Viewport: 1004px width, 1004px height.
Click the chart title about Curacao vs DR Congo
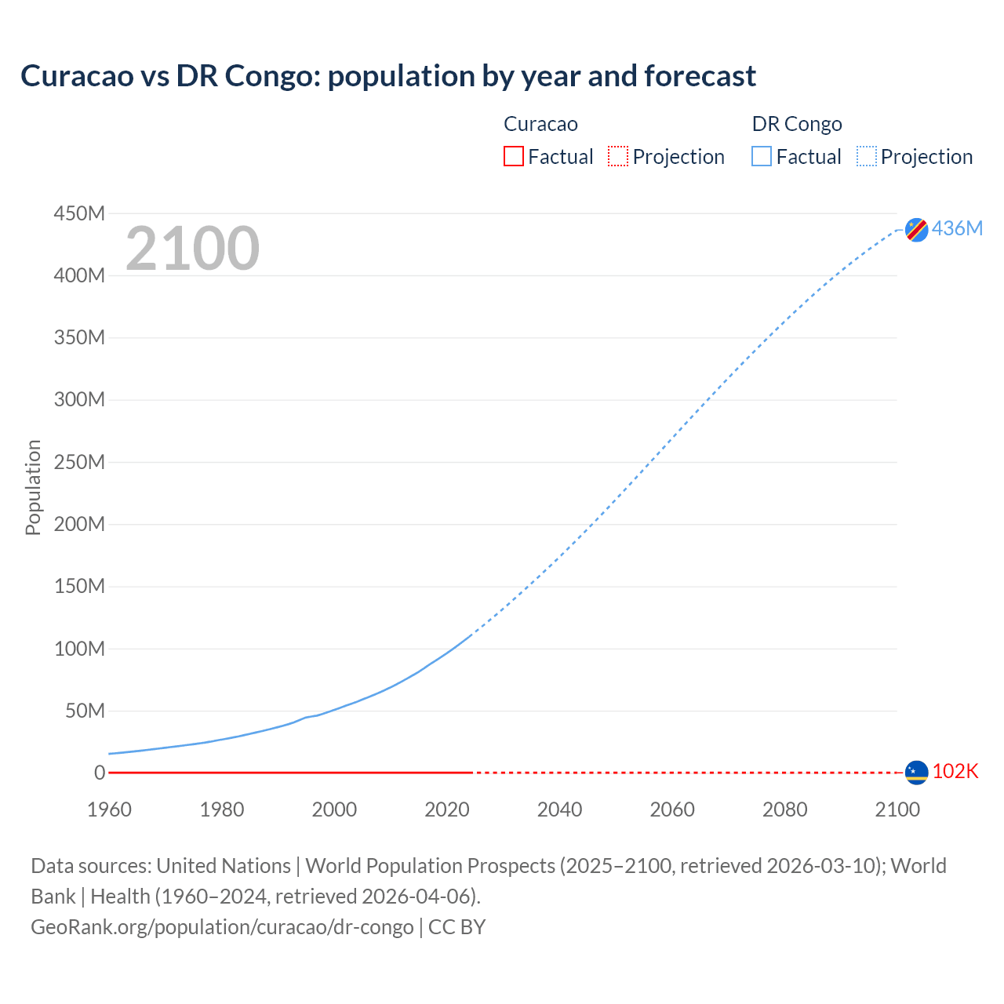point(388,76)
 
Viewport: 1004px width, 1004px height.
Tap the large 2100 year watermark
point(192,249)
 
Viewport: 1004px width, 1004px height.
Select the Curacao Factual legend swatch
point(514,157)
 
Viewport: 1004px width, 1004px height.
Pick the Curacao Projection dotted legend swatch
point(618,157)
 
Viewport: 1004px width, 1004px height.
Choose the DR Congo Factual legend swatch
point(762,157)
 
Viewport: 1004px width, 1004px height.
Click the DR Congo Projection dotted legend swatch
point(867,157)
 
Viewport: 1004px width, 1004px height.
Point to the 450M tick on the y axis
point(79,213)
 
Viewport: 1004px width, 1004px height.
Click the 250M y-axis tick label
point(79,462)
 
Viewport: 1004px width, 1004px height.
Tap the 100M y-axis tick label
point(79,649)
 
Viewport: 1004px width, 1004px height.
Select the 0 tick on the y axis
point(99,773)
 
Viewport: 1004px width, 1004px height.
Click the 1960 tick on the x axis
point(110,809)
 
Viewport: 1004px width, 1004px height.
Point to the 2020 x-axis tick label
point(447,809)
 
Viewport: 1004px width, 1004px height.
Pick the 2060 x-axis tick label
point(672,809)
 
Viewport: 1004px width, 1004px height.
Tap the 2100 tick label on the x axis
point(897,809)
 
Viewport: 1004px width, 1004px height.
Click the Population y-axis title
point(33,487)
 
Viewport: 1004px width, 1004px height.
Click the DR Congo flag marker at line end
point(916,230)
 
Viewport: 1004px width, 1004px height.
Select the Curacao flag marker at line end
point(916,773)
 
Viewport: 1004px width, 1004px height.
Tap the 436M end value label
point(957,228)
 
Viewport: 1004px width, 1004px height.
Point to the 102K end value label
point(955,772)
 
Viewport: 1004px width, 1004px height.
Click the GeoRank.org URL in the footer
point(222,927)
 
